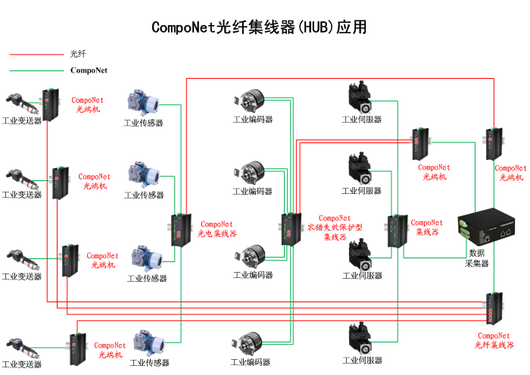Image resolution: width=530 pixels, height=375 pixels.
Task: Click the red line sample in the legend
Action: coord(36,55)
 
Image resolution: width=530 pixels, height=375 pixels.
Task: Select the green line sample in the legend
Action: coord(36,70)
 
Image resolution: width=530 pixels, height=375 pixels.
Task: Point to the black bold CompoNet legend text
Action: coord(89,70)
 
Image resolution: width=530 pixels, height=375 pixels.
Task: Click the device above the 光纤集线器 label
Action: coord(494,308)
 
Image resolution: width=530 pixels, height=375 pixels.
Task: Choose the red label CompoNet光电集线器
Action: coord(217,229)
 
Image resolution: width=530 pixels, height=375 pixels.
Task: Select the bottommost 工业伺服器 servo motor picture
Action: coord(361,339)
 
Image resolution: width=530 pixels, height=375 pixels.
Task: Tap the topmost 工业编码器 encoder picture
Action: coord(251,102)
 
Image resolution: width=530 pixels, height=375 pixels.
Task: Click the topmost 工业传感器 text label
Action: coord(144,123)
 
